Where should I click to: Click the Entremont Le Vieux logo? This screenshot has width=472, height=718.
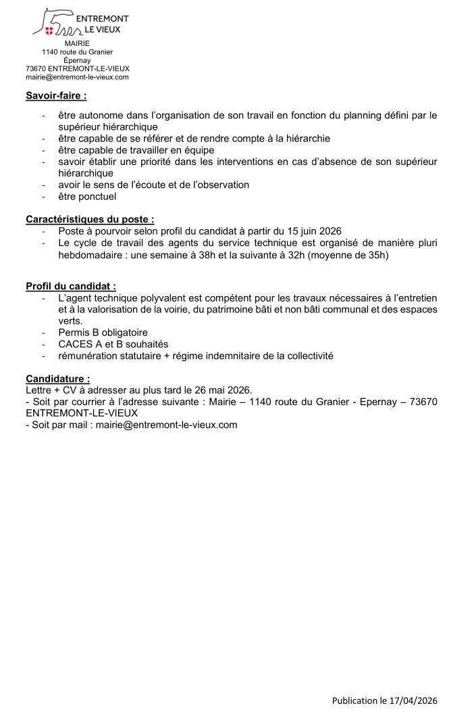(80, 22)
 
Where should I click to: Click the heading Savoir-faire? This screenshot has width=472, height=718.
(56, 95)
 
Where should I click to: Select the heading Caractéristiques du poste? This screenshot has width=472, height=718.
(90, 219)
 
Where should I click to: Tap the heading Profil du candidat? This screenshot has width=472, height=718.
(71, 286)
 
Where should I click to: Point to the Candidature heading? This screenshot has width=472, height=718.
(57, 379)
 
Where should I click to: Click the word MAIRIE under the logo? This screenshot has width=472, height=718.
(77, 43)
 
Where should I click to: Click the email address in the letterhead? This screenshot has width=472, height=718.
(77, 77)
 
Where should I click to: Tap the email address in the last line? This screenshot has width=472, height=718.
(166, 425)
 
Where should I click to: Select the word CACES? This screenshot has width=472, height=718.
(74, 344)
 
